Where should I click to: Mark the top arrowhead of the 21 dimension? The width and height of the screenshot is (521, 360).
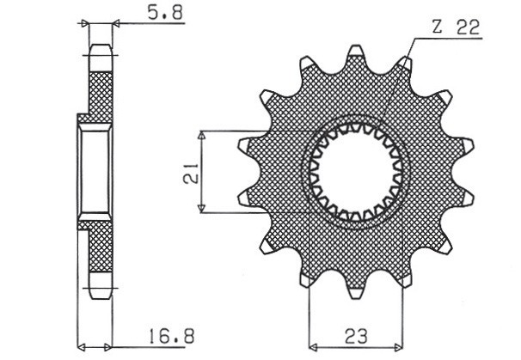click(x=203, y=136)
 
